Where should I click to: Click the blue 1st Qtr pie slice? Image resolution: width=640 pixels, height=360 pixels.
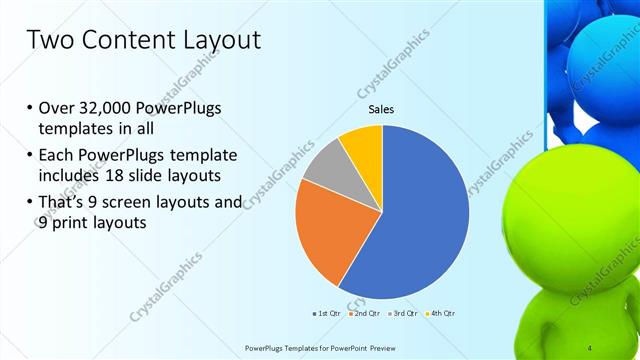[420, 220]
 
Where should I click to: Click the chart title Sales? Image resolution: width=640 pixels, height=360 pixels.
[382, 109]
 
